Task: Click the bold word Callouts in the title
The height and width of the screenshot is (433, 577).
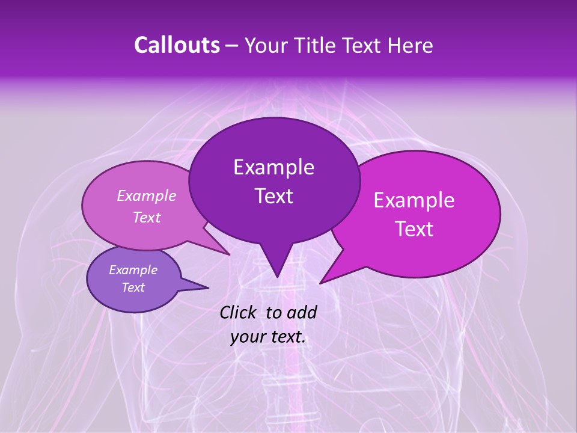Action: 177,45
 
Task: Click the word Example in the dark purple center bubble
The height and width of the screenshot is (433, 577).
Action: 273,167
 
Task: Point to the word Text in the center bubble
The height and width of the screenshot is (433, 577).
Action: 273,196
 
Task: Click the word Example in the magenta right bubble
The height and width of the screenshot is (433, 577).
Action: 414,200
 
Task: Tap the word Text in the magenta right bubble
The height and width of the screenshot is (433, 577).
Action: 414,229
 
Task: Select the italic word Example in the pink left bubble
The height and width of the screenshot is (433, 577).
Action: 147,195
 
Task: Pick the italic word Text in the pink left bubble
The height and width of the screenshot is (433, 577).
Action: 147,217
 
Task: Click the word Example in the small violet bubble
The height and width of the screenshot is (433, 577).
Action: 133,270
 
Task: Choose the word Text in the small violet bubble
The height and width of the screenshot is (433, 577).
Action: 133,287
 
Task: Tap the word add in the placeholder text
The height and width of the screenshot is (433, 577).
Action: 302,312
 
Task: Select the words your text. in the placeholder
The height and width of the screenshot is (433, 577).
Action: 268,337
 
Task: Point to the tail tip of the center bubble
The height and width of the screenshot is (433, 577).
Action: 276,274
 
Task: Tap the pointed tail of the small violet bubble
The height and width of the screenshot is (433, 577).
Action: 204,287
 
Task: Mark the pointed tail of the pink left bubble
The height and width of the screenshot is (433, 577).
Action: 227,253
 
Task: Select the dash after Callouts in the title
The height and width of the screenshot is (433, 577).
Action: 233,45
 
